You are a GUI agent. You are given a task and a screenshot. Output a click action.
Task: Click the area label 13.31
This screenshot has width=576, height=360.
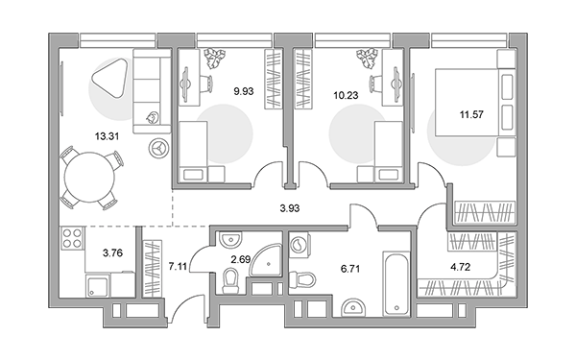click(x=107, y=136)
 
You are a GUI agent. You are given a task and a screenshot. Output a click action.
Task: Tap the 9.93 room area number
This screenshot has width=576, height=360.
click(x=244, y=91)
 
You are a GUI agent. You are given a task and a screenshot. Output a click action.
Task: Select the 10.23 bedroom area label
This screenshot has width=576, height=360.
click(x=346, y=95)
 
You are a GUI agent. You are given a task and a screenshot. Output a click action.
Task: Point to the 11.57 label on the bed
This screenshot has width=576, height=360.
click(x=471, y=114)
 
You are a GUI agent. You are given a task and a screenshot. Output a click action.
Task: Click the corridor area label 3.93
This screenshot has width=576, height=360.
click(x=290, y=208)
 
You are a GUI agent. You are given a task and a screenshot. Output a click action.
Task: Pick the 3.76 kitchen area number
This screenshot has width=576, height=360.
click(x=112, y=253)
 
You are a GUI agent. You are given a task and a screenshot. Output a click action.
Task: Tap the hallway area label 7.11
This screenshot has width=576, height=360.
click(x=178, y=266)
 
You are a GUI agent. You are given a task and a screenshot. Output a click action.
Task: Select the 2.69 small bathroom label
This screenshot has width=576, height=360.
click(x=241, y=260)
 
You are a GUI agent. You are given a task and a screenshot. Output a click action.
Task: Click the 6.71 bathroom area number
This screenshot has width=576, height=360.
click(x=350, y=269)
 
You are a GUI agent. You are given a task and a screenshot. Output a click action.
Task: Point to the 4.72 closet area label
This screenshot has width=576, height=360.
click(x=460, y=267)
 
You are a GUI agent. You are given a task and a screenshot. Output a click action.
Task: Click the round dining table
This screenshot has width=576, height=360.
click(x=89, y=177)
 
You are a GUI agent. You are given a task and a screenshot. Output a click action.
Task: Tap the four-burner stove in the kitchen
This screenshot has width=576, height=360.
click(x=72, y=238)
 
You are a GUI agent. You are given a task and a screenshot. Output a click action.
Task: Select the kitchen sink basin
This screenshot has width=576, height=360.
click(x=97, y=286)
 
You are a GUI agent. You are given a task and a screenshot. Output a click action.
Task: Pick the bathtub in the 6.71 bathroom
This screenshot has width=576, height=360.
click(x=396, y=283)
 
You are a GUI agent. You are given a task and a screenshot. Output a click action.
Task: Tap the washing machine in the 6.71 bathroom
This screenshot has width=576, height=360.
click(x=299, y=243)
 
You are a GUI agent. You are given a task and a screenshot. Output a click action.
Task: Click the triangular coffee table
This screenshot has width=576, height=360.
click(x=109, y=78)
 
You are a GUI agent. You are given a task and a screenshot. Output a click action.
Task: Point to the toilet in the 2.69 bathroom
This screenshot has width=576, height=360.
click(x=230, y=281)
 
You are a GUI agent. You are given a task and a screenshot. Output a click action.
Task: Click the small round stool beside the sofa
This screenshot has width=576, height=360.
click(x=159, y=148)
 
